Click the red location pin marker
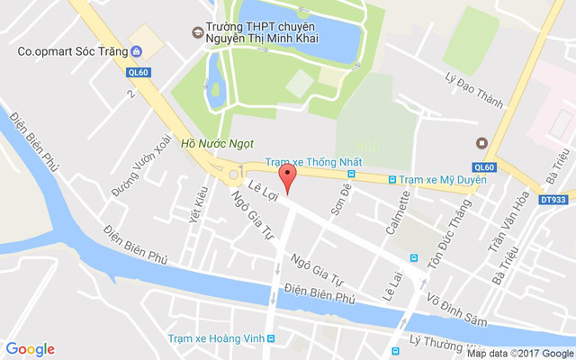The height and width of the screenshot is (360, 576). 287,178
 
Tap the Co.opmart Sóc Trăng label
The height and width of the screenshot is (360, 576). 71,50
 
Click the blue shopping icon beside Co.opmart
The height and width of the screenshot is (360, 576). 135,50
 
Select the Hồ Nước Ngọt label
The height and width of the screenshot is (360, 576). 218,142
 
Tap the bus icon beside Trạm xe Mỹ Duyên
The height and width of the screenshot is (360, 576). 391,180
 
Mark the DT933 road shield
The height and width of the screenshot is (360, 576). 554,199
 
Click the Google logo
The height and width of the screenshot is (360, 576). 30,349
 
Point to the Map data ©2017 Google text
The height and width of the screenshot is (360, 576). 519,354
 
